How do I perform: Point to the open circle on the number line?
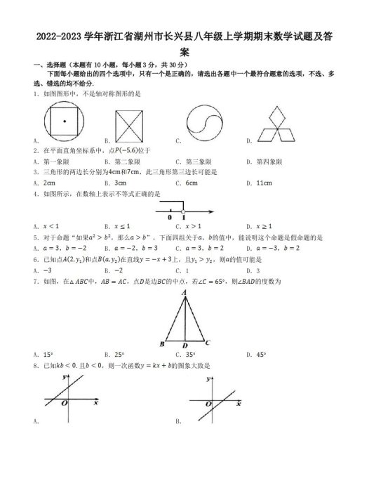184,211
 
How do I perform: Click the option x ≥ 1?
264,226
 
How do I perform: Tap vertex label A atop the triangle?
184,291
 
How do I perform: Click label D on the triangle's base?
184,346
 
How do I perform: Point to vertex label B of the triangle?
162,344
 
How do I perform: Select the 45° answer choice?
261,355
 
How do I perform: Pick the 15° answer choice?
48,355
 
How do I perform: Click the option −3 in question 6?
48,270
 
